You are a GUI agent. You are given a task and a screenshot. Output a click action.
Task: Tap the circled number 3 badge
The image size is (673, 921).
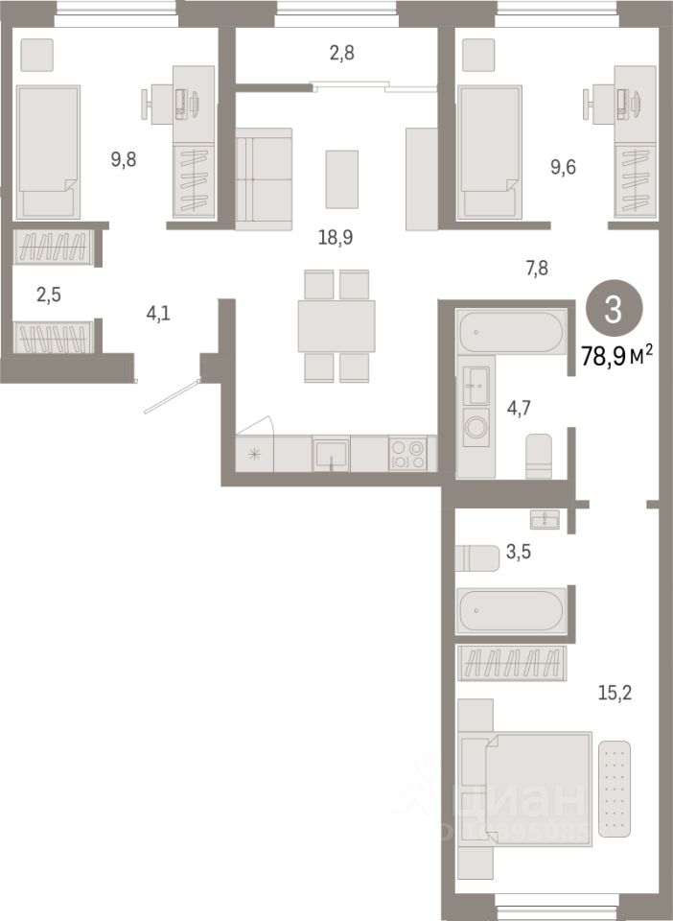(x=614, y=310)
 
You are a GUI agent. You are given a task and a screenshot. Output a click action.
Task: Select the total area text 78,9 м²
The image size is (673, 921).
(x=616, y=356)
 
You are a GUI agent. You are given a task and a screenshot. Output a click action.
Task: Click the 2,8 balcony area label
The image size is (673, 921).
(x=341, y=54)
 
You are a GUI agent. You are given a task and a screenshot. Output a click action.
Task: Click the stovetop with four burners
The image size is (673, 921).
(x=412, y=454)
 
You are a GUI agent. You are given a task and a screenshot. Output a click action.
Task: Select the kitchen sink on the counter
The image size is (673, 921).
(x=331, y=454)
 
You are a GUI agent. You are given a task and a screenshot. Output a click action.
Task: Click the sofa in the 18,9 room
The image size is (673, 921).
(x=263, y=179)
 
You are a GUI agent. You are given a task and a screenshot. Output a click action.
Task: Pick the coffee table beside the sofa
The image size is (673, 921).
(x=341, y=179)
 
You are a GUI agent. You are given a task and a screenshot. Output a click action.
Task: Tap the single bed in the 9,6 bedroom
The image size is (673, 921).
(x=490, y=151)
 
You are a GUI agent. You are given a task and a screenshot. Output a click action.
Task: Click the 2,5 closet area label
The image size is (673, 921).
(x=48, y=295)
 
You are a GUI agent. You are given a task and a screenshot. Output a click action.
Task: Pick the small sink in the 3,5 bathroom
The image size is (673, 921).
(x=545, y=519)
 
